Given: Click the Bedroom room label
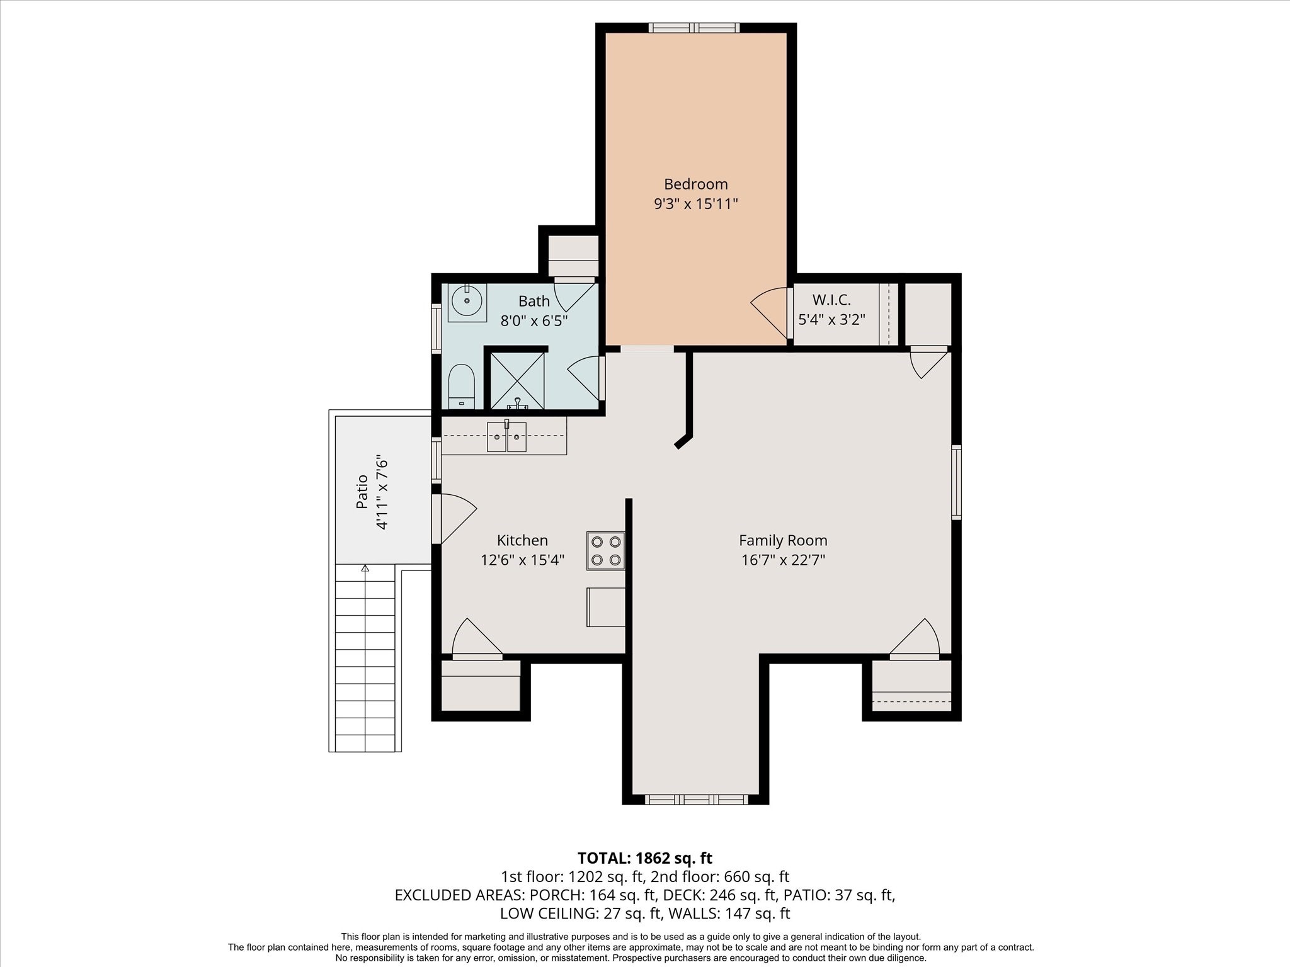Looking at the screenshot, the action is (695, 184).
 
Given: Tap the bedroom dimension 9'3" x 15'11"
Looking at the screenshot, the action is (695, 204).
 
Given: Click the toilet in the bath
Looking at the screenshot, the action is (461, 387).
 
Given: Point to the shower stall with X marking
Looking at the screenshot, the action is (517, 381).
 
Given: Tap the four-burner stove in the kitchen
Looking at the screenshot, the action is (606, 551).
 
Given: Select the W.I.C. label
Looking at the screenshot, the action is (831, 300).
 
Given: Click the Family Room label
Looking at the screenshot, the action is (783, 540).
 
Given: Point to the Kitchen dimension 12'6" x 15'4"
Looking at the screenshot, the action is (522, 560).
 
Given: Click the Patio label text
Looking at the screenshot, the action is (362, 492).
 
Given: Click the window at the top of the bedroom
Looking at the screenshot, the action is (694, 28).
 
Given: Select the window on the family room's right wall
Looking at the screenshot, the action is (956, 482).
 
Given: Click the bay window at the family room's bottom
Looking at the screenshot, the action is (696, 800).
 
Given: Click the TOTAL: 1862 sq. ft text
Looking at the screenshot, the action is (645, 858).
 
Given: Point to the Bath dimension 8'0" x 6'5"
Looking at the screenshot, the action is (534, 320).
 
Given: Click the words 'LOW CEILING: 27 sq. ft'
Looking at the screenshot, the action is (578, 913).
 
